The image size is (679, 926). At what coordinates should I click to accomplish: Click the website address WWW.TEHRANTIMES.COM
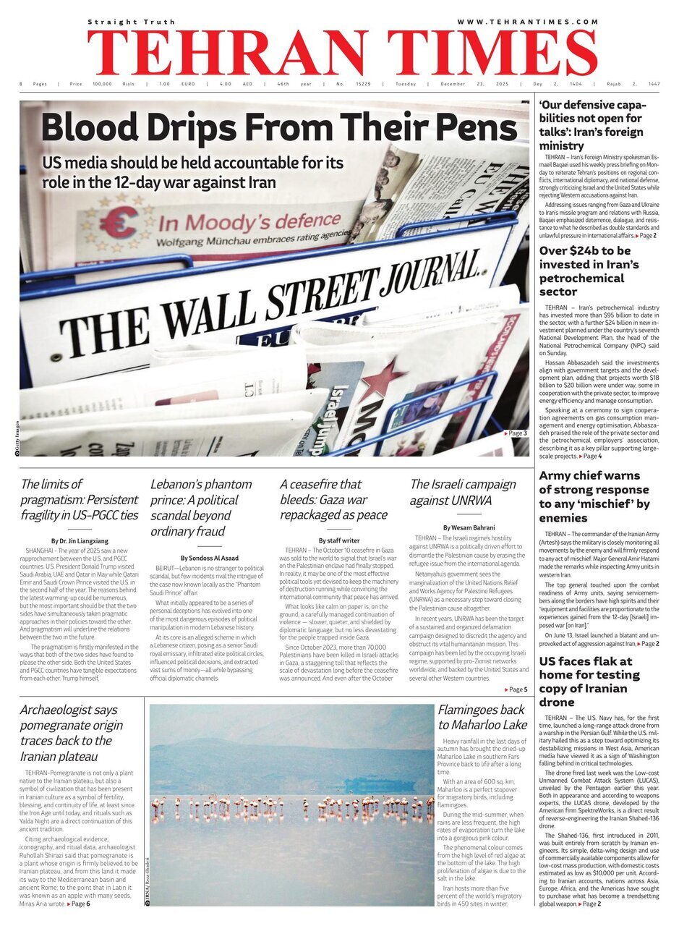528,22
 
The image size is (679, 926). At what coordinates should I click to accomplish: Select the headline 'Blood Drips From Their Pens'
279,128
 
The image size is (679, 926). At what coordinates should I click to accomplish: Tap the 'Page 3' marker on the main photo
516,433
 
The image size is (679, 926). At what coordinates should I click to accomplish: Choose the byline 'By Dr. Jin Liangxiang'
80,540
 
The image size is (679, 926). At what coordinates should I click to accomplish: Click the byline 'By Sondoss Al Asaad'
210,558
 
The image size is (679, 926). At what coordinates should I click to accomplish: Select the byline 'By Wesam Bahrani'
469,527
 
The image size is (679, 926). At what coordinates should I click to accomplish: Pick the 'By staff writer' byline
339,540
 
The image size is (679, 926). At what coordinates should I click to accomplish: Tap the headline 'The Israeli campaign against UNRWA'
463,492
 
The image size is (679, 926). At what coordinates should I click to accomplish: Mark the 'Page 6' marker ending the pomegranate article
80,904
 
